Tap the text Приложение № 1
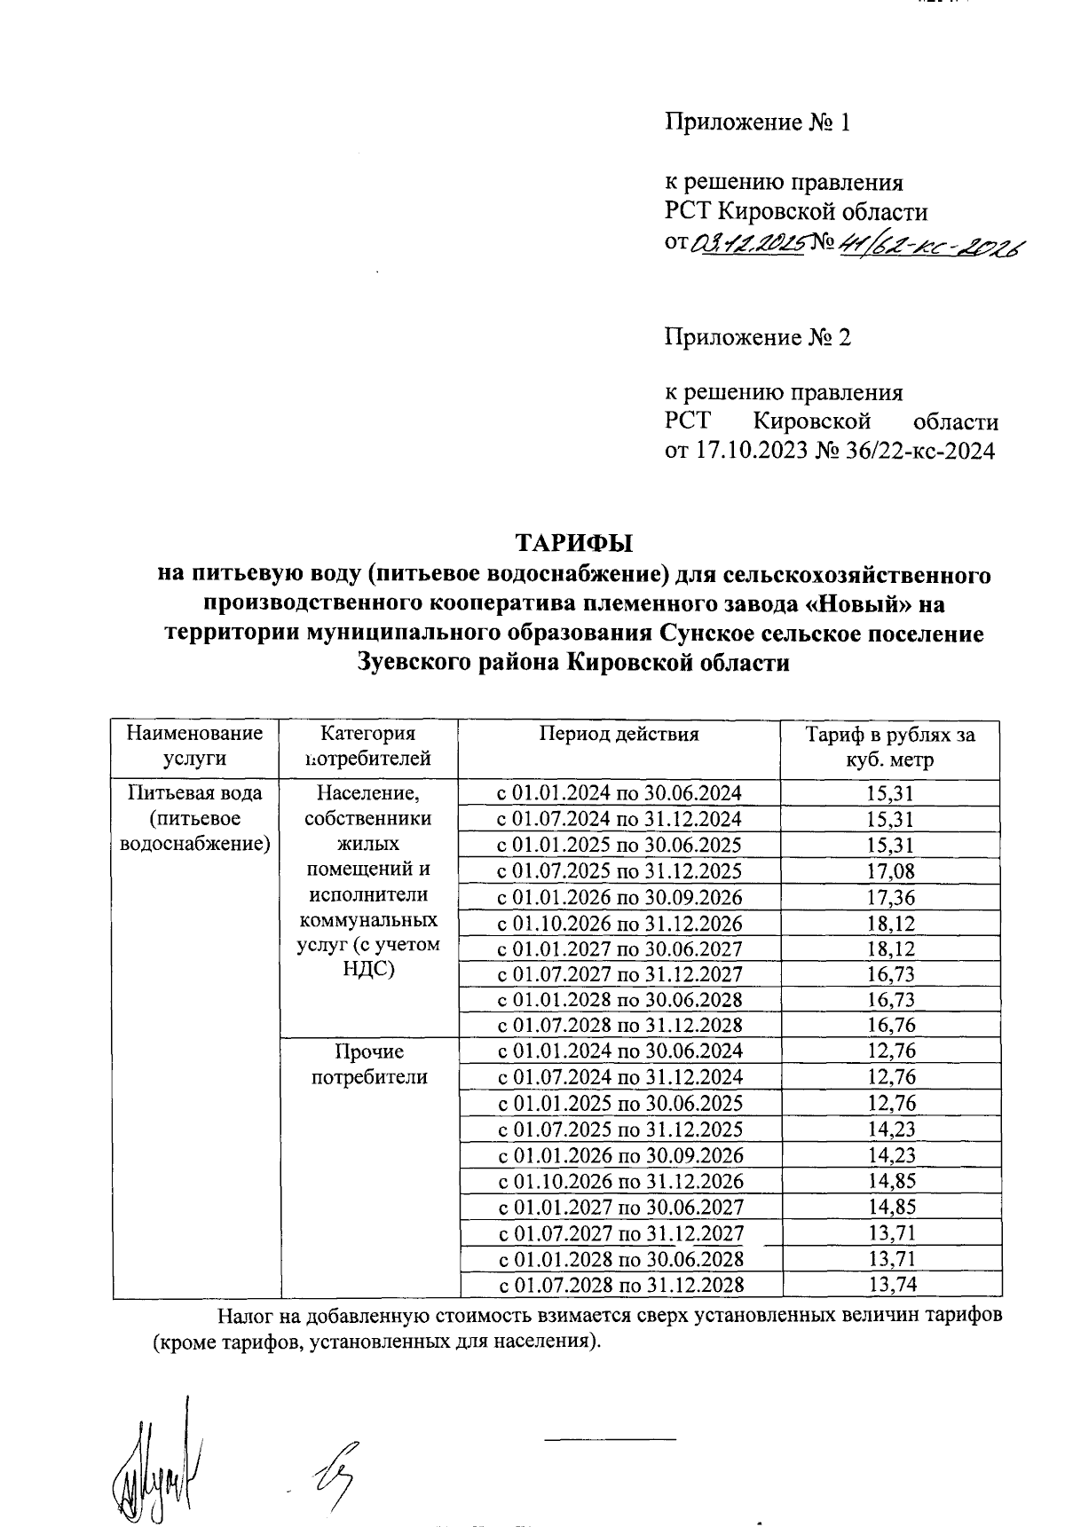tap(758, 122)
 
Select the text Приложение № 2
tap(758, 337)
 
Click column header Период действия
tap(619, 735)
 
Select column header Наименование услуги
tap(195, 746)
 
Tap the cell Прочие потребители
tap(369, 1065)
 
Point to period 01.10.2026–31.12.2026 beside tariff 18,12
tap(619, 923)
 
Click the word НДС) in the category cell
tap(369, 969)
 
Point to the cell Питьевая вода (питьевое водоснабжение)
tap(195, 818)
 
